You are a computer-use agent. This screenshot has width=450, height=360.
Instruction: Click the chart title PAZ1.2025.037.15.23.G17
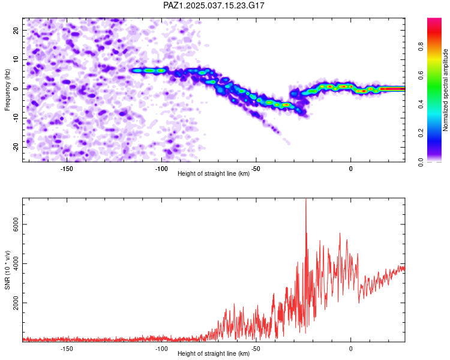point(214,5)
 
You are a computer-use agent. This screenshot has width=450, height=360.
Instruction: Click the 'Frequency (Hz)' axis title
point(7,90)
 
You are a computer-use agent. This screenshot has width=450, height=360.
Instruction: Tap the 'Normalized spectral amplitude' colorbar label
point(445,90)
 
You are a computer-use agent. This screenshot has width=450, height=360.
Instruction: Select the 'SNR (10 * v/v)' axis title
point(7,270)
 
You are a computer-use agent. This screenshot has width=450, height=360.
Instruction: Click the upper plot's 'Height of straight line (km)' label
point(214,173)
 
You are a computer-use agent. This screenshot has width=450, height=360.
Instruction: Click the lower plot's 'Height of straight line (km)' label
point(214,353)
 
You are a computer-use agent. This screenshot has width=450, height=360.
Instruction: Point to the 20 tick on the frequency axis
point(16,30)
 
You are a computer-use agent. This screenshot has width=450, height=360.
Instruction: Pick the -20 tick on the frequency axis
point(16,148)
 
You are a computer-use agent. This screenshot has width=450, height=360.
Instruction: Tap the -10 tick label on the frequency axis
point(16,118)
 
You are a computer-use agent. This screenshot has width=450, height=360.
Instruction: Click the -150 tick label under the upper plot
point(67,169)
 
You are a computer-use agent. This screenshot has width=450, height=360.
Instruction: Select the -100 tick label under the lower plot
point(161,349)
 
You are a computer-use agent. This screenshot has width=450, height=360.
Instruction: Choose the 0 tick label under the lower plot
point(351,349)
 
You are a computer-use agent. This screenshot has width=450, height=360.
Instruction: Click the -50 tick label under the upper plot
point(256,169)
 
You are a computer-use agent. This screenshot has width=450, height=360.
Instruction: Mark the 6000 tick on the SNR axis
point(16,224)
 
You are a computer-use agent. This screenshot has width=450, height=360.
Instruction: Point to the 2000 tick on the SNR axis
point(16,303)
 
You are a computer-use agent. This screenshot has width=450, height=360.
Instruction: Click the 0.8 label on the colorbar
point(421,46)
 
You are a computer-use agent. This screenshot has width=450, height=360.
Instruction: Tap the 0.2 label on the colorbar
point(421,133)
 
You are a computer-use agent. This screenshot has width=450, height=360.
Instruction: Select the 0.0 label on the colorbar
point(421,162)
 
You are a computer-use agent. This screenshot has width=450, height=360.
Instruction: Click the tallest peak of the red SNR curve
point(306,199)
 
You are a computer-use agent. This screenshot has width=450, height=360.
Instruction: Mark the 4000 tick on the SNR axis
point(16,263)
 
